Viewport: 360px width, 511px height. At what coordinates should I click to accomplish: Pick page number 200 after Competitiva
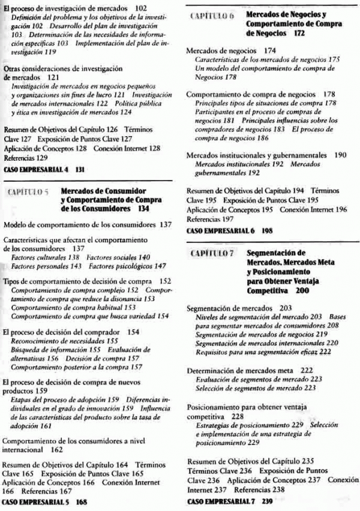[303, 290]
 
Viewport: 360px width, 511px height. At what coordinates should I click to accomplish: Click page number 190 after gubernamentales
[341, 155]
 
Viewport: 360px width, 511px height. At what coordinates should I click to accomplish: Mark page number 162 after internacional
[57, 448]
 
